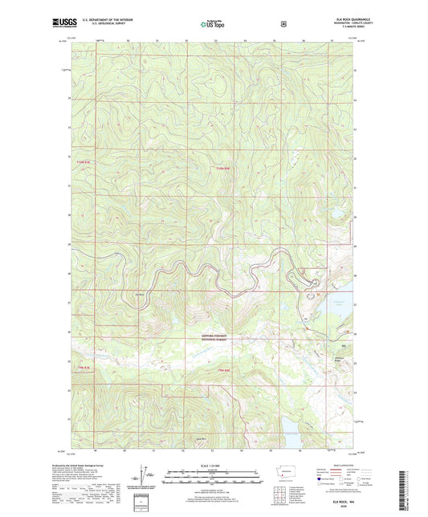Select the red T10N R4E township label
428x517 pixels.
coord(223,168)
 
